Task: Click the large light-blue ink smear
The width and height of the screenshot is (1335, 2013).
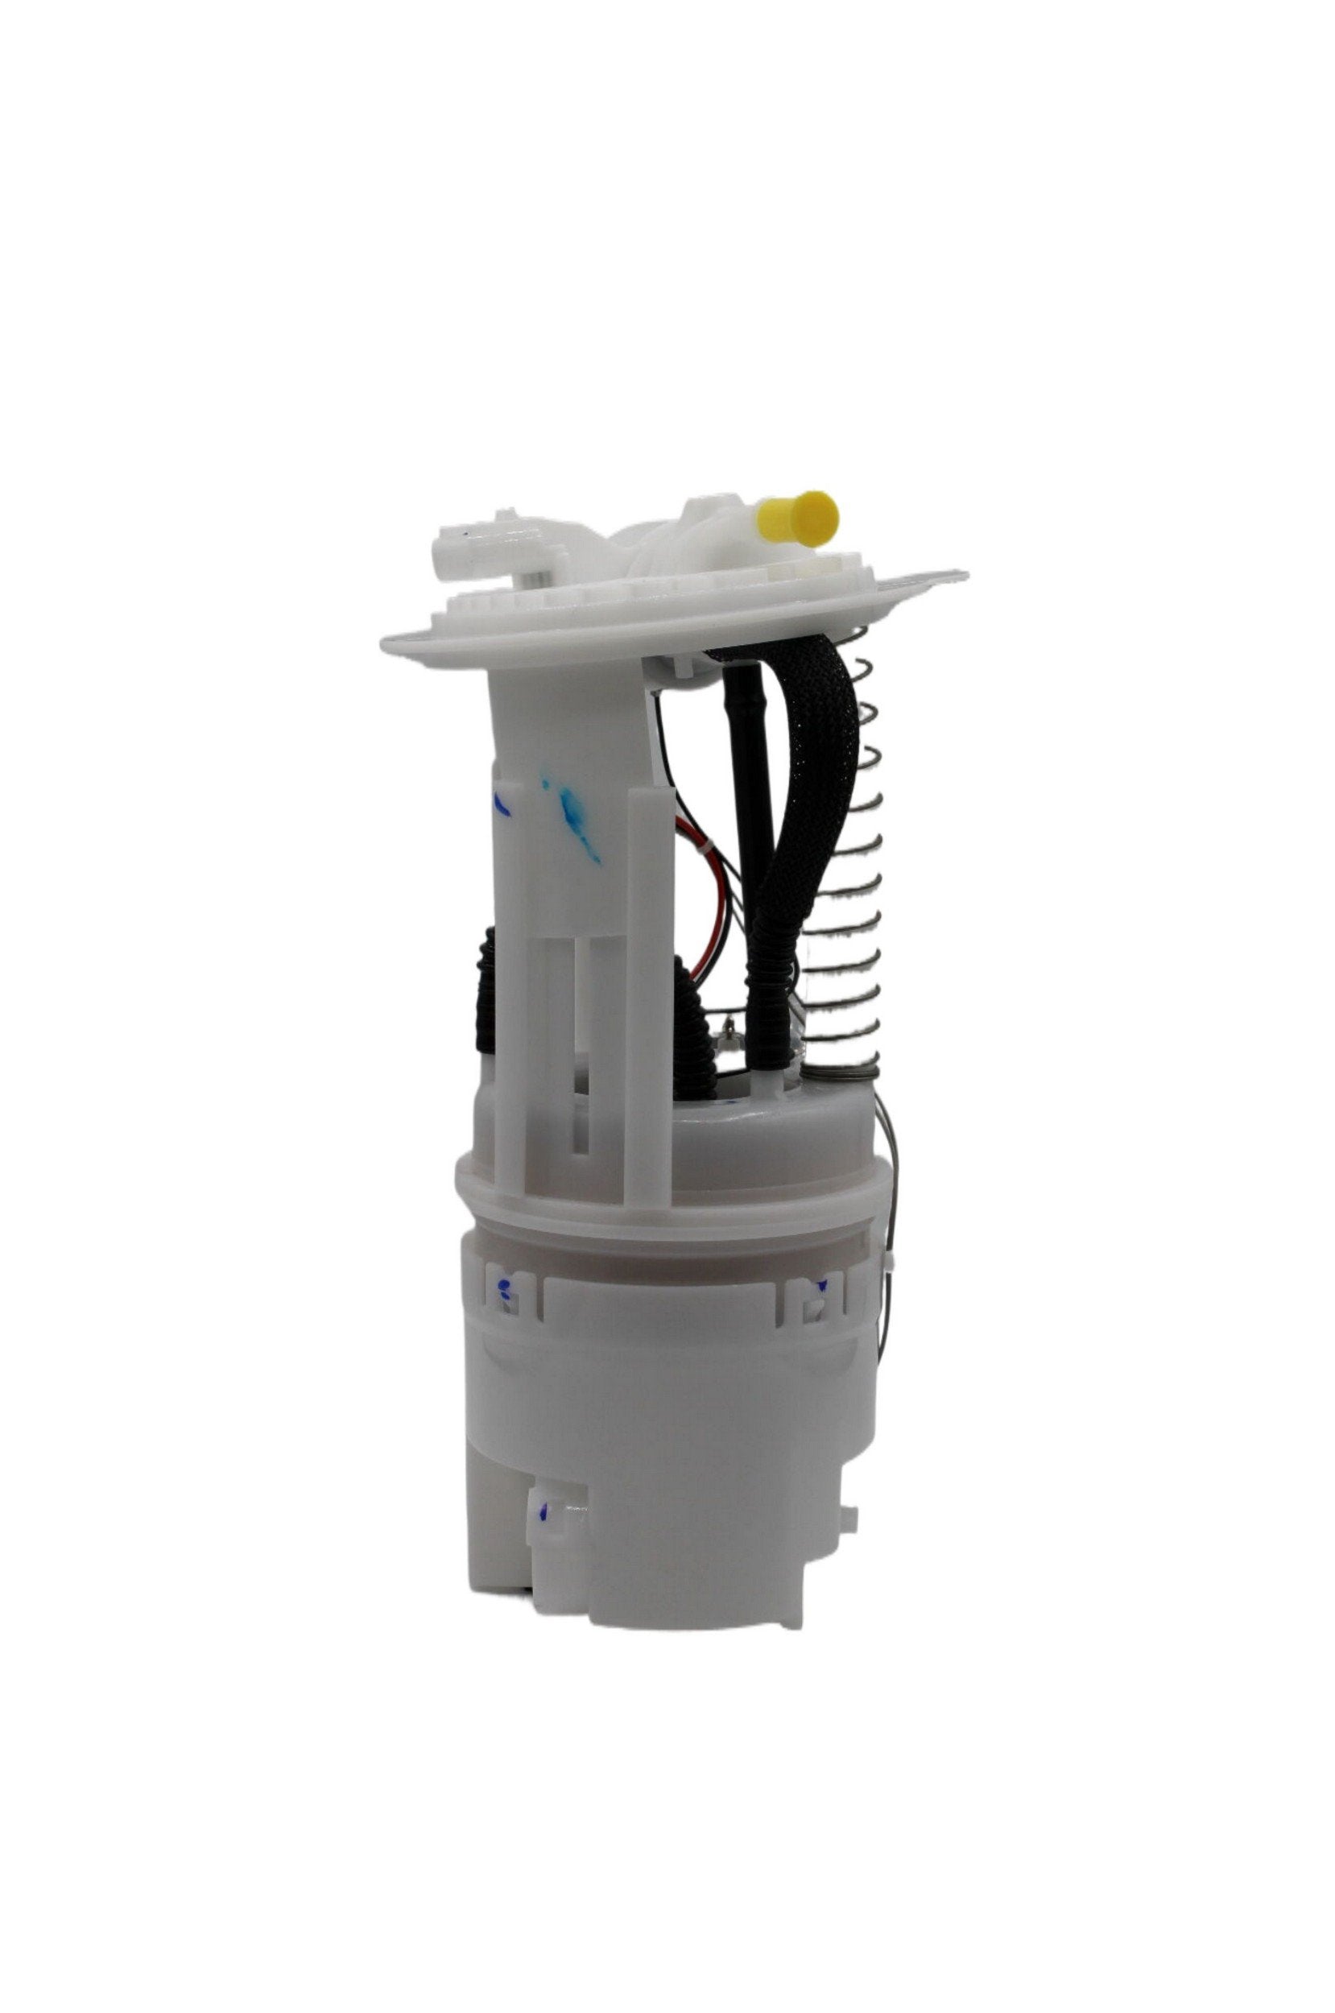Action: click(x=575, y=813)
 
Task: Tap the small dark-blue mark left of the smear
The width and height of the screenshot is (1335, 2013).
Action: click(x=501, y=804)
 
